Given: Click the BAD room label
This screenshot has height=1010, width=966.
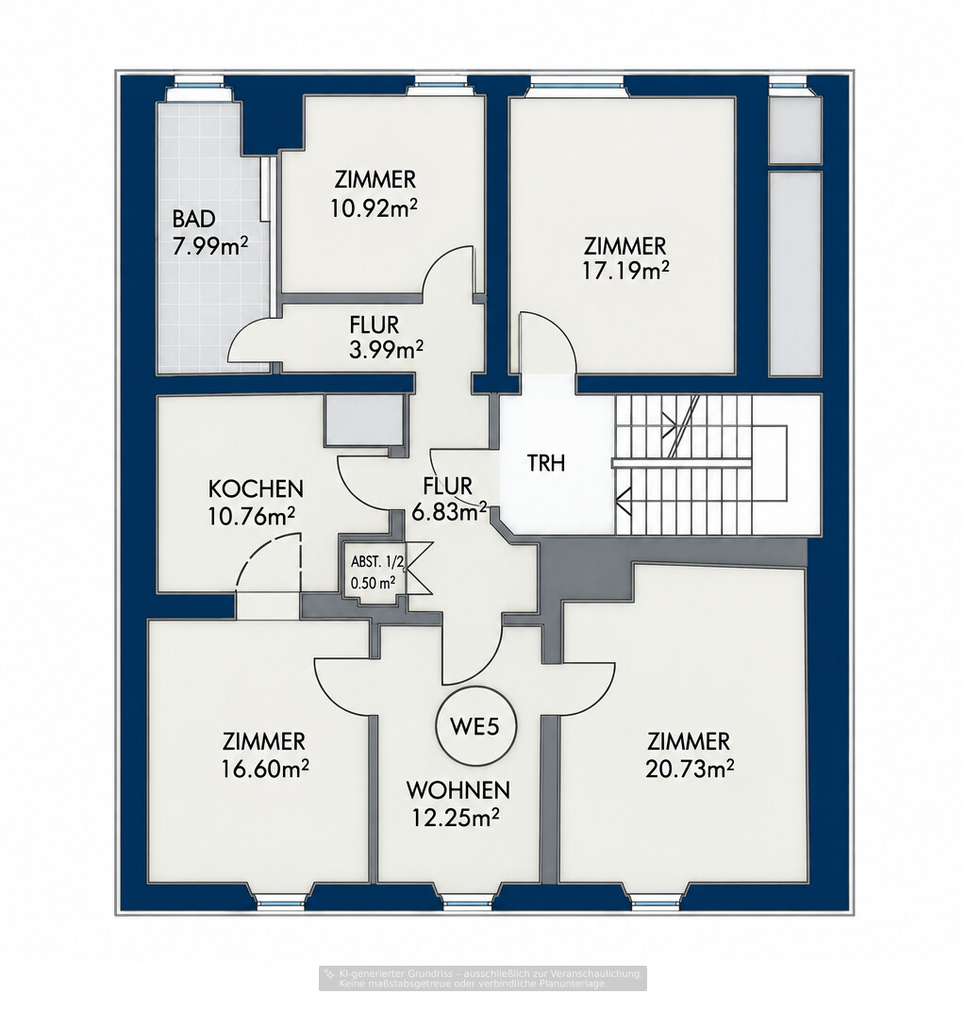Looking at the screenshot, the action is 193,219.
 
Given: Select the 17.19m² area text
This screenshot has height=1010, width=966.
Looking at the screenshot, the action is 625,271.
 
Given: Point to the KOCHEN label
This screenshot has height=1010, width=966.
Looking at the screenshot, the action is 256,488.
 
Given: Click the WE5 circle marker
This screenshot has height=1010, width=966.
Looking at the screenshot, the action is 477,726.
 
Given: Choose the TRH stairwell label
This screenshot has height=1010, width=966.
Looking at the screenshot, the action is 546,462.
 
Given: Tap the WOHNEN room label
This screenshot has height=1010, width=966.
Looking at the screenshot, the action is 458,789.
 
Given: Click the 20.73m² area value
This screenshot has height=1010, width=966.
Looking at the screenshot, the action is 691,768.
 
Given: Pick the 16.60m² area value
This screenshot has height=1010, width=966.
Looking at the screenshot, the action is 265,768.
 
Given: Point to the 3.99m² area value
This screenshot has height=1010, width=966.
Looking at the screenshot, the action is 386,350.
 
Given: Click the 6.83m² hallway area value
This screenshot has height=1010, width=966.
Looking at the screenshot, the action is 448,512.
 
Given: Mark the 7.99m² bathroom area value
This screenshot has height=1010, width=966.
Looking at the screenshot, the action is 210,246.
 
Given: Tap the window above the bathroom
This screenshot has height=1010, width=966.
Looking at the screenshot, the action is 200,82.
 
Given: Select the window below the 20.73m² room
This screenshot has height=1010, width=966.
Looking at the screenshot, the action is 656,903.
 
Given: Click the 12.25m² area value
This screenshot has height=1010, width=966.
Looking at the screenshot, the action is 456,817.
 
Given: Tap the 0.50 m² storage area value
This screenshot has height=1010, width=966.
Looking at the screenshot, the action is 373,584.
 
